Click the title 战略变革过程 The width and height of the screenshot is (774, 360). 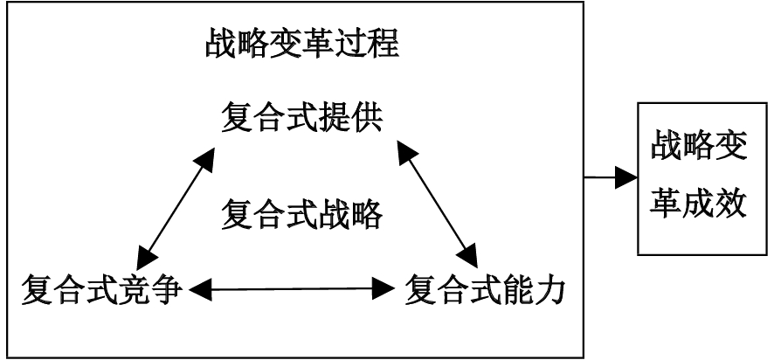(301, 45)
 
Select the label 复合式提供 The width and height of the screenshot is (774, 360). (301, 118)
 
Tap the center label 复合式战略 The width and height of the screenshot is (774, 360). (301, 212)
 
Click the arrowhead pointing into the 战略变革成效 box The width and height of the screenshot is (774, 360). (627, 177)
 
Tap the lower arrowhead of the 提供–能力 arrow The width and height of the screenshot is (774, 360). (469, 256)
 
